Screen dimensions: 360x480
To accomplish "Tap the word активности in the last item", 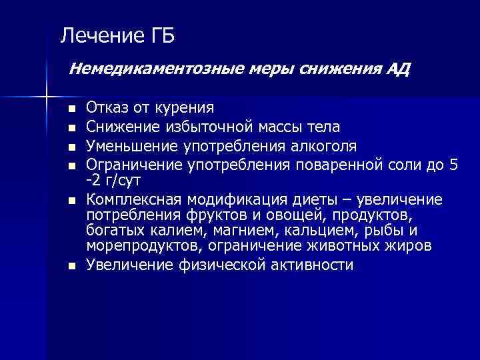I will click(x=313, y=265).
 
